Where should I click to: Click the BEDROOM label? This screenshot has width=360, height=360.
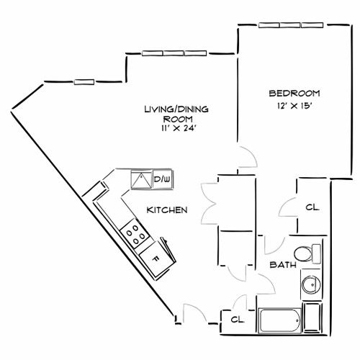[x=294, y=94]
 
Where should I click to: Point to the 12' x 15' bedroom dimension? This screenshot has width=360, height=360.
[x=294, y=106]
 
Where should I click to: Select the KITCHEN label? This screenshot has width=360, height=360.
[x=167, y=210]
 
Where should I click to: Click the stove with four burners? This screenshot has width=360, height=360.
[x=133, y=232]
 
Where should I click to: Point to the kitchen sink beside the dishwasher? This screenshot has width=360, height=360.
[x=140, y=179]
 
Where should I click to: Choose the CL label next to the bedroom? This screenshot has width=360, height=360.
[x=312, y=208]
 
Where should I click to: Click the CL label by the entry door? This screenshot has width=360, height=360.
[x=236, y=319]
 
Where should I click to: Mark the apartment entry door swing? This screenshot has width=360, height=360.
[x=193, y=314]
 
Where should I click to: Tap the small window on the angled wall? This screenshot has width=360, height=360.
[x=84, y=81]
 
